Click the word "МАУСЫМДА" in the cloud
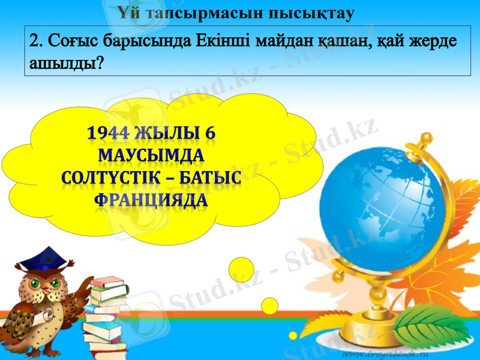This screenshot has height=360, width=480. coord(150,156)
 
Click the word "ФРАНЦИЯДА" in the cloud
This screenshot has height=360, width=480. coord(151,200)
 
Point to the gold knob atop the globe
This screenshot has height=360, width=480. coord(427,139)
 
